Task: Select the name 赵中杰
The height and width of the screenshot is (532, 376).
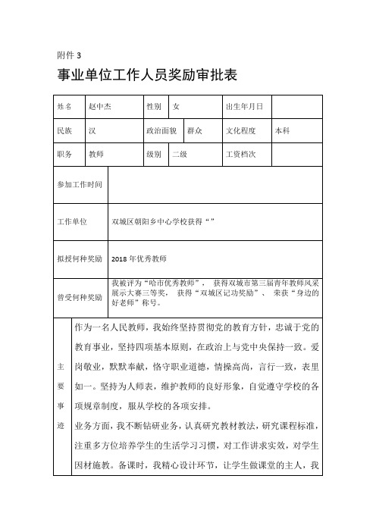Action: (x=100, y=107)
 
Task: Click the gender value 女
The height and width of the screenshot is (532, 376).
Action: (x=177, y=107)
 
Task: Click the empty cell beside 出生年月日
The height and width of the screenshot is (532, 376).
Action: (x=298, y=107)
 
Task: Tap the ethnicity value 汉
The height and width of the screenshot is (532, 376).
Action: (x=92, y=130)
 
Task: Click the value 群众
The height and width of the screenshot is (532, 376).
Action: (x=195, y=130)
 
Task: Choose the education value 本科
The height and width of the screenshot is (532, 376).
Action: (x=283, y=130)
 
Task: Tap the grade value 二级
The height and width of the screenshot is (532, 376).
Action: (x=180, y=154)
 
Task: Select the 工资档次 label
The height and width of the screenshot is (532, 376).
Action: (x=241, y=154)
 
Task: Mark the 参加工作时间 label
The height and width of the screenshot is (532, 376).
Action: (x=80, y=185)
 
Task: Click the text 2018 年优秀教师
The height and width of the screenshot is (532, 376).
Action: (x=138, y=258)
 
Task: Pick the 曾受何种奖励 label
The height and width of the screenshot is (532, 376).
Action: (x=80, y=297)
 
